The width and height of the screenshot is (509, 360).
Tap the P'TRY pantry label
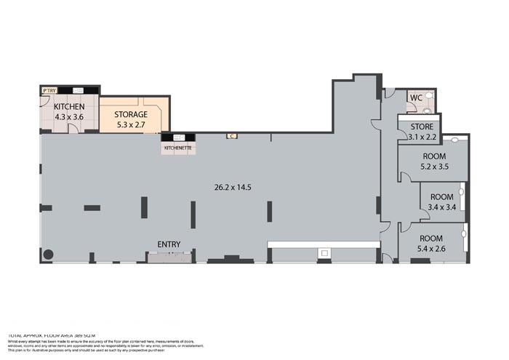(49, 90)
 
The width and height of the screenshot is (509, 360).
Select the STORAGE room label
(131, 114)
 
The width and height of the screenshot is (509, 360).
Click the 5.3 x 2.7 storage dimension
(132, 124)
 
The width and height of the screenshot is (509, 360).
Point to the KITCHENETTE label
(178, 148)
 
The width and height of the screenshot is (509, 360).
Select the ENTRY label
(169, 244)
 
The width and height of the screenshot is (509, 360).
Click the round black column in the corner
(49, 255)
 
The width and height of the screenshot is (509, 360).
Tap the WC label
(415, 98)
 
